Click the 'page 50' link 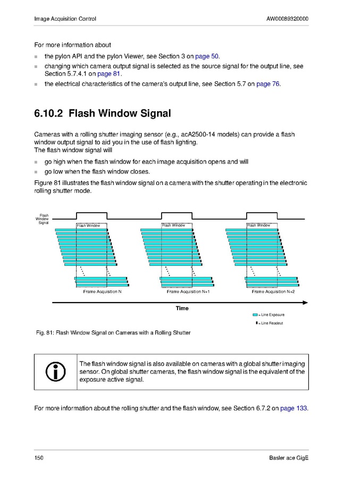click(x=207, y=56)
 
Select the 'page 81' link click(x=105, y=74)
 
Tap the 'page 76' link click(x=268, y=84)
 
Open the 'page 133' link click(x=294, y=408)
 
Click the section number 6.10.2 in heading click(x=48, y=113)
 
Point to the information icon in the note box click(x=56, y=371)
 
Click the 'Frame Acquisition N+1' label click(x=188, y=292)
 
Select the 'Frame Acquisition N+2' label click(x=273, y=292)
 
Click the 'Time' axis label click(x=182, y=308)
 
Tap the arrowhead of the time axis click(x=305, y=303)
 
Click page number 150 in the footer click(x=39, y=458)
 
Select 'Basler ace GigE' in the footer click(x=289, y=458)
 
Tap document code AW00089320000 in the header click(x=287, y=19)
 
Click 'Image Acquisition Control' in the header click(x=65, y=19)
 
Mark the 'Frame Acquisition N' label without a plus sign click(x=102, y=292)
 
